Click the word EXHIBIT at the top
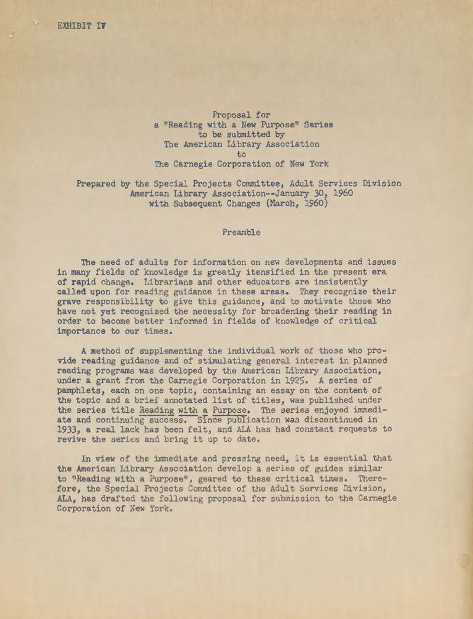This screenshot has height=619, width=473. click(74, 25)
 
